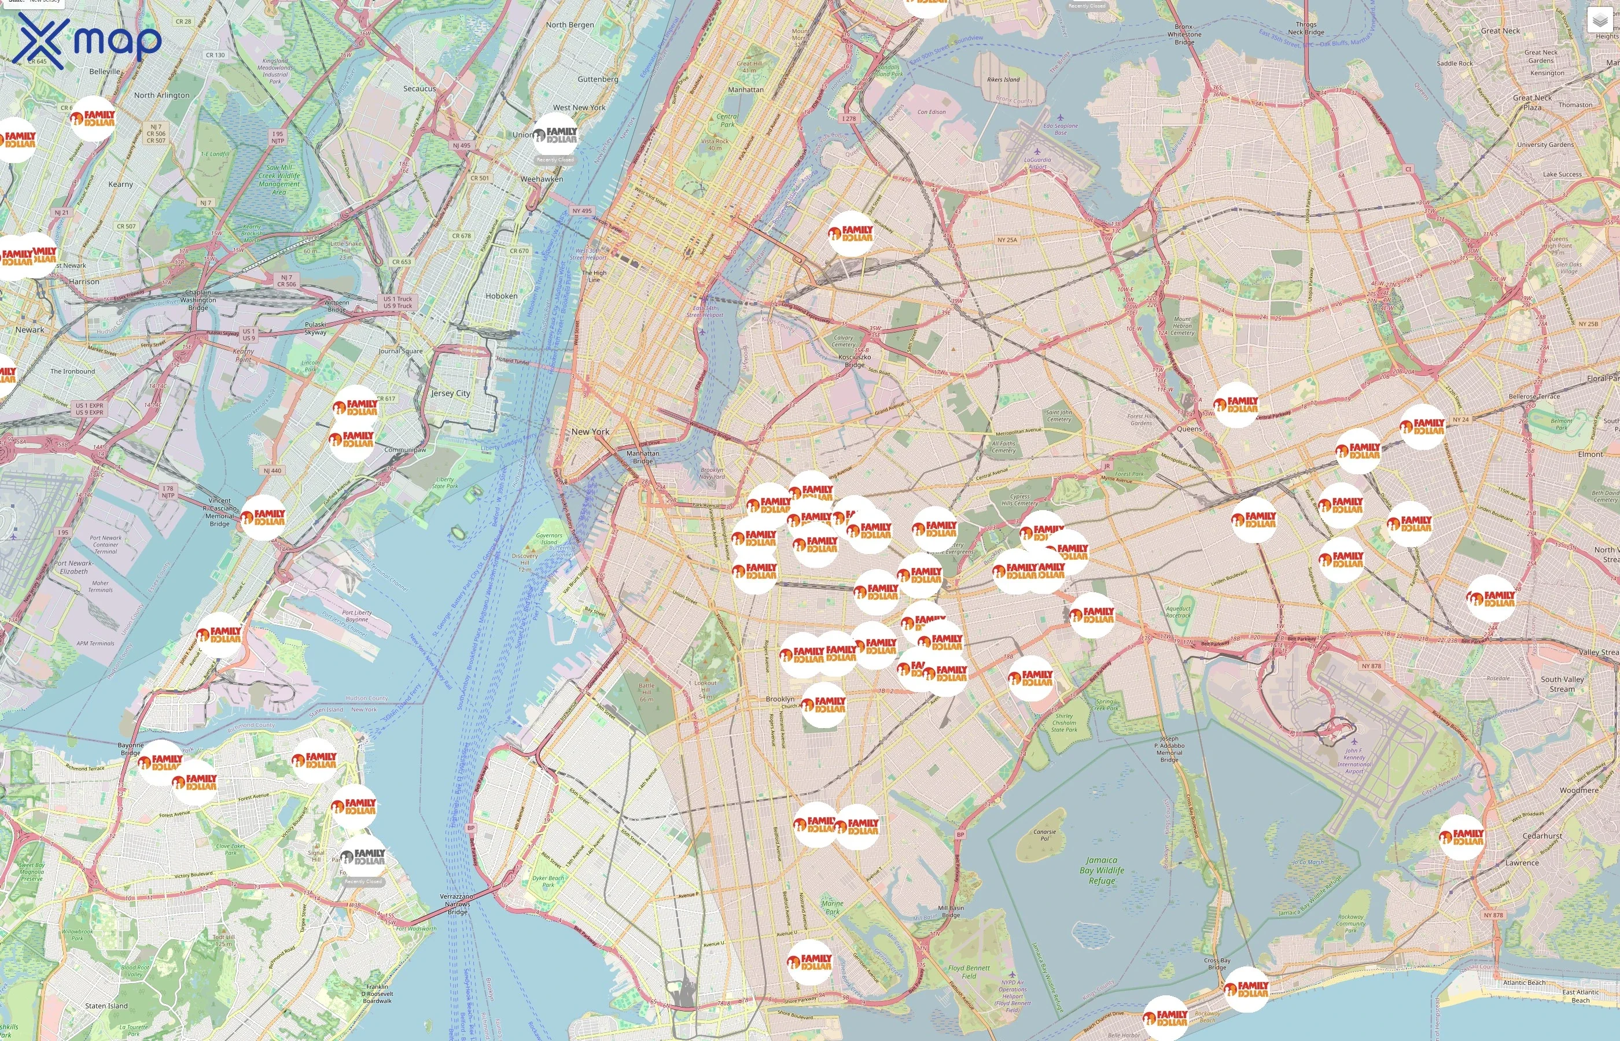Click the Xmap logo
[89, 40]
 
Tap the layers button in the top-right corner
[1600, 20]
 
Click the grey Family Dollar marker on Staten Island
[363, 858]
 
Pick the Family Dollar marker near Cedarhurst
[1462, 837]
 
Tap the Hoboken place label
[501, 296]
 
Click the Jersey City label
[450, 393]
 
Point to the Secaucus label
[419, 88]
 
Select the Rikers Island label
[1003, 79]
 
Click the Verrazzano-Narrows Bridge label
[457, 904]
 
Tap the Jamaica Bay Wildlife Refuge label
[1102, 870]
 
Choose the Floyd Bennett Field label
[969, 972]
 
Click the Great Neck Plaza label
[1533, 103]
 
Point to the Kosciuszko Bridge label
[855, 360]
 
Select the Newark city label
[30, 330]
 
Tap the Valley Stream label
[1599, 652]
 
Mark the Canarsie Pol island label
[1045, 835]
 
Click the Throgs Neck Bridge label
[1306, 28]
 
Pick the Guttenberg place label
[598, 79]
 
